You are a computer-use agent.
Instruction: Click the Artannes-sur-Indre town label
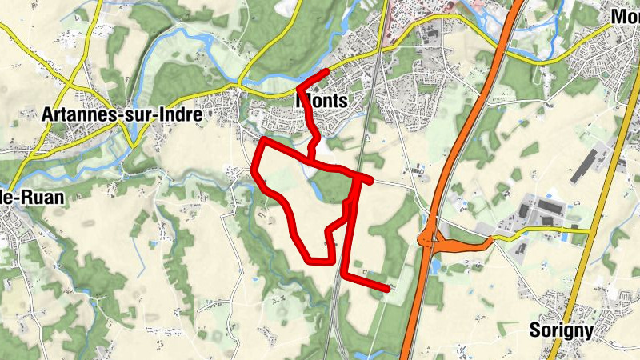(120, 115)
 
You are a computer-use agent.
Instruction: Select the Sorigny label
(561, 330)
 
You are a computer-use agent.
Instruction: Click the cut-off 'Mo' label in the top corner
(624, 16)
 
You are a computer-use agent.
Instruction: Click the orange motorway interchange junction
(430, 237)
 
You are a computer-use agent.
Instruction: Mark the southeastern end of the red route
(387, 287)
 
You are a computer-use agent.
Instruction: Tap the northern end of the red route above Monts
(326, 72)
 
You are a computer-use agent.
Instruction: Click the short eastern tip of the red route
(370, 181)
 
